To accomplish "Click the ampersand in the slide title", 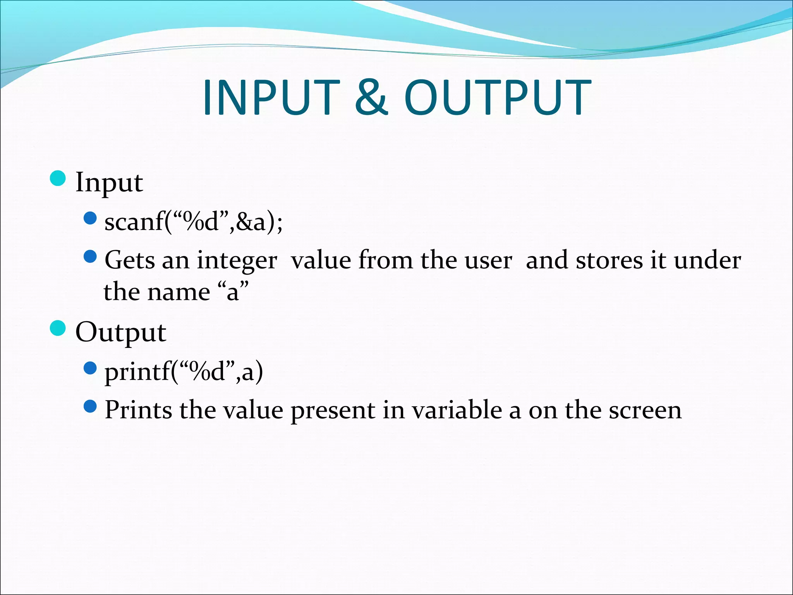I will point(371,98).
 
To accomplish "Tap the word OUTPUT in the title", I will point(498,98).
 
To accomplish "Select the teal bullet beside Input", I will point(58,178).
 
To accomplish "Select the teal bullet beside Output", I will point(58,328).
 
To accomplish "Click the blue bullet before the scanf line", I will point(90,218).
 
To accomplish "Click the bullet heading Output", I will point(120,333).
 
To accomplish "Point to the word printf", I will point(137,372).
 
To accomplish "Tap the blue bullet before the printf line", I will point(90,368).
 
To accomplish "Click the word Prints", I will point(138,410).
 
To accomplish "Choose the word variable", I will point(457,410).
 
